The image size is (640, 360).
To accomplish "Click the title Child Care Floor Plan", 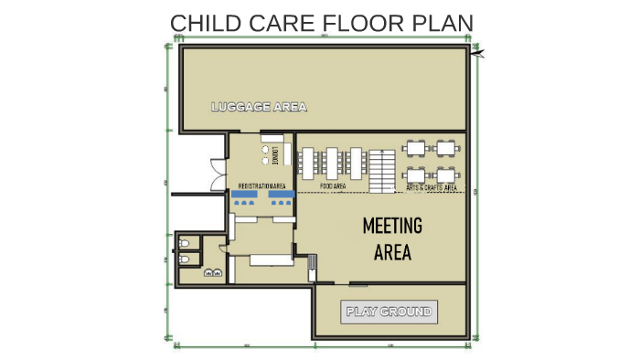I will (322, 22).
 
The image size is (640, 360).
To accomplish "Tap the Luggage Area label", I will (259, 107).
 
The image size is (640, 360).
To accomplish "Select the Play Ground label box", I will (388, 312).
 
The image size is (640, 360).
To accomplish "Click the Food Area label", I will (333, 186).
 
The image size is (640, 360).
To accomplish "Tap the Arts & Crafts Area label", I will (431, 187).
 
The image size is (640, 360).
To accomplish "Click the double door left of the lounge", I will (216, 174).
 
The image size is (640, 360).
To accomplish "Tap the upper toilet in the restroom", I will (186, 244).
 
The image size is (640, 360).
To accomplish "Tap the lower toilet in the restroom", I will (186, 259).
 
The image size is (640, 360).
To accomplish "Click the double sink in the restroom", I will (212, 273).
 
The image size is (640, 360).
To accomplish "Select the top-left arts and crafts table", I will (417, 147).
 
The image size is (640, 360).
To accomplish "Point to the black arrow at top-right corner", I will (478, 55).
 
